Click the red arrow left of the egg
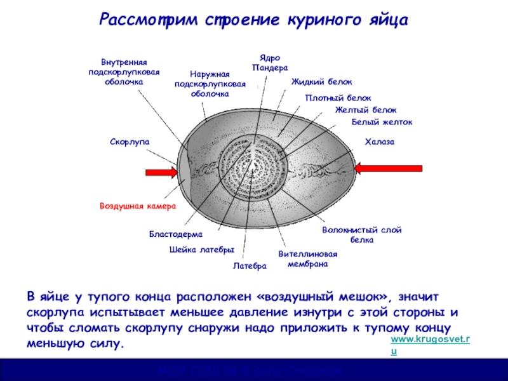161,171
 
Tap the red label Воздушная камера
137,206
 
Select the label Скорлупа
129,142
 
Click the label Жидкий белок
321,82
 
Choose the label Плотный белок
338,98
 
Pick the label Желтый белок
366,110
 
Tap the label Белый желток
382,122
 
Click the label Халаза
380,142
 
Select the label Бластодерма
175,234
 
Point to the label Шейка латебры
202,250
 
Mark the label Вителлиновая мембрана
308,258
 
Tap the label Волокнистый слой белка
362,235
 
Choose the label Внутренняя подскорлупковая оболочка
124,72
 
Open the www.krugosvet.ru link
430,341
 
